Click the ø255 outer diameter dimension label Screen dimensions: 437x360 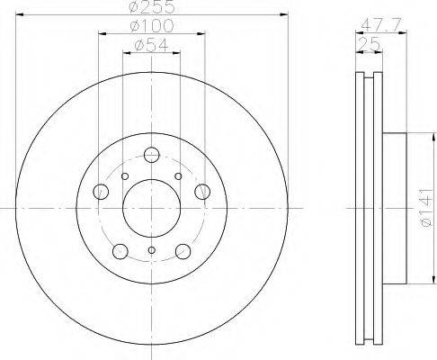pos(152,6)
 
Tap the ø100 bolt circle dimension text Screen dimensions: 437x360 pos(152,26)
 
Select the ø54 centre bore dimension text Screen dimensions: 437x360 pos(152,45)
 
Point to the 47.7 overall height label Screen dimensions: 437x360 pos(380,25)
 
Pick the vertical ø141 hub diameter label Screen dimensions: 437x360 pos(426,207)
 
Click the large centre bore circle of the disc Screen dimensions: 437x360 pos(152,208)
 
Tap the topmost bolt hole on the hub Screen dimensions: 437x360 pos(152,155)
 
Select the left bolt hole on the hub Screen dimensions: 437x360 pos(101,192)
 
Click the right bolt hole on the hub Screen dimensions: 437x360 pos(202,192)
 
